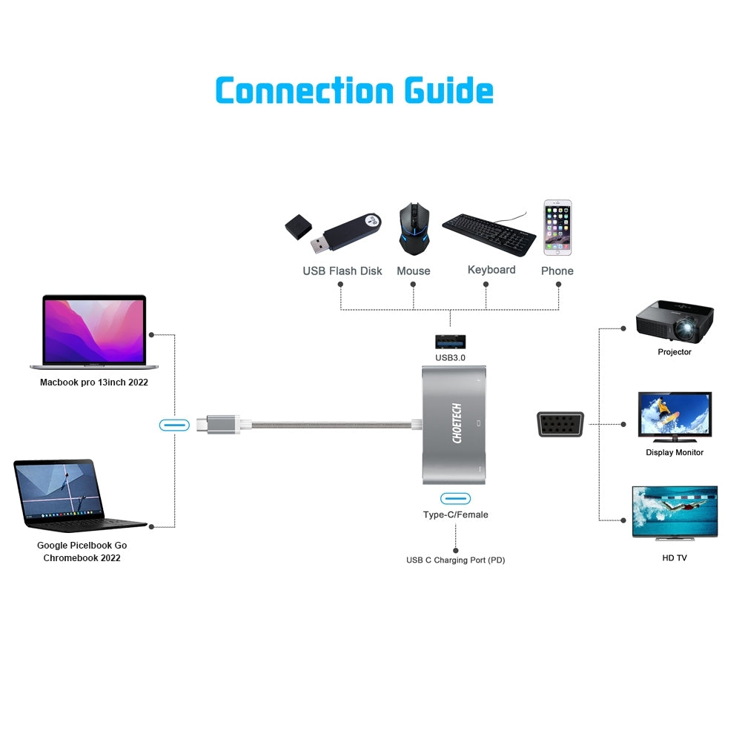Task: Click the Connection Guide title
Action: [354, 90]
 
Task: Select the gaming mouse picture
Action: [413, 229]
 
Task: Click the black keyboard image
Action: [489, 233]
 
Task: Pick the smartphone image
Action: [557, 228]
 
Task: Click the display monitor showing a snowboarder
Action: [674, 417]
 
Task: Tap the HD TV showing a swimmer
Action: [674, 511]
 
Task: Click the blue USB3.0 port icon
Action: [450, 341]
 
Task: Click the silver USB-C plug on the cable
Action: [219, 425]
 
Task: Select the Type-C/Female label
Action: [455, 514]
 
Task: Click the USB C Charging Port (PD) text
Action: [455, 560]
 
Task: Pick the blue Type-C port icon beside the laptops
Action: [174, 425]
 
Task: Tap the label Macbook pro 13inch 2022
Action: [93, 383]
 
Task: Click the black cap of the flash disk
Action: [297, 227]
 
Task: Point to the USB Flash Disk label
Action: [342, 271]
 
